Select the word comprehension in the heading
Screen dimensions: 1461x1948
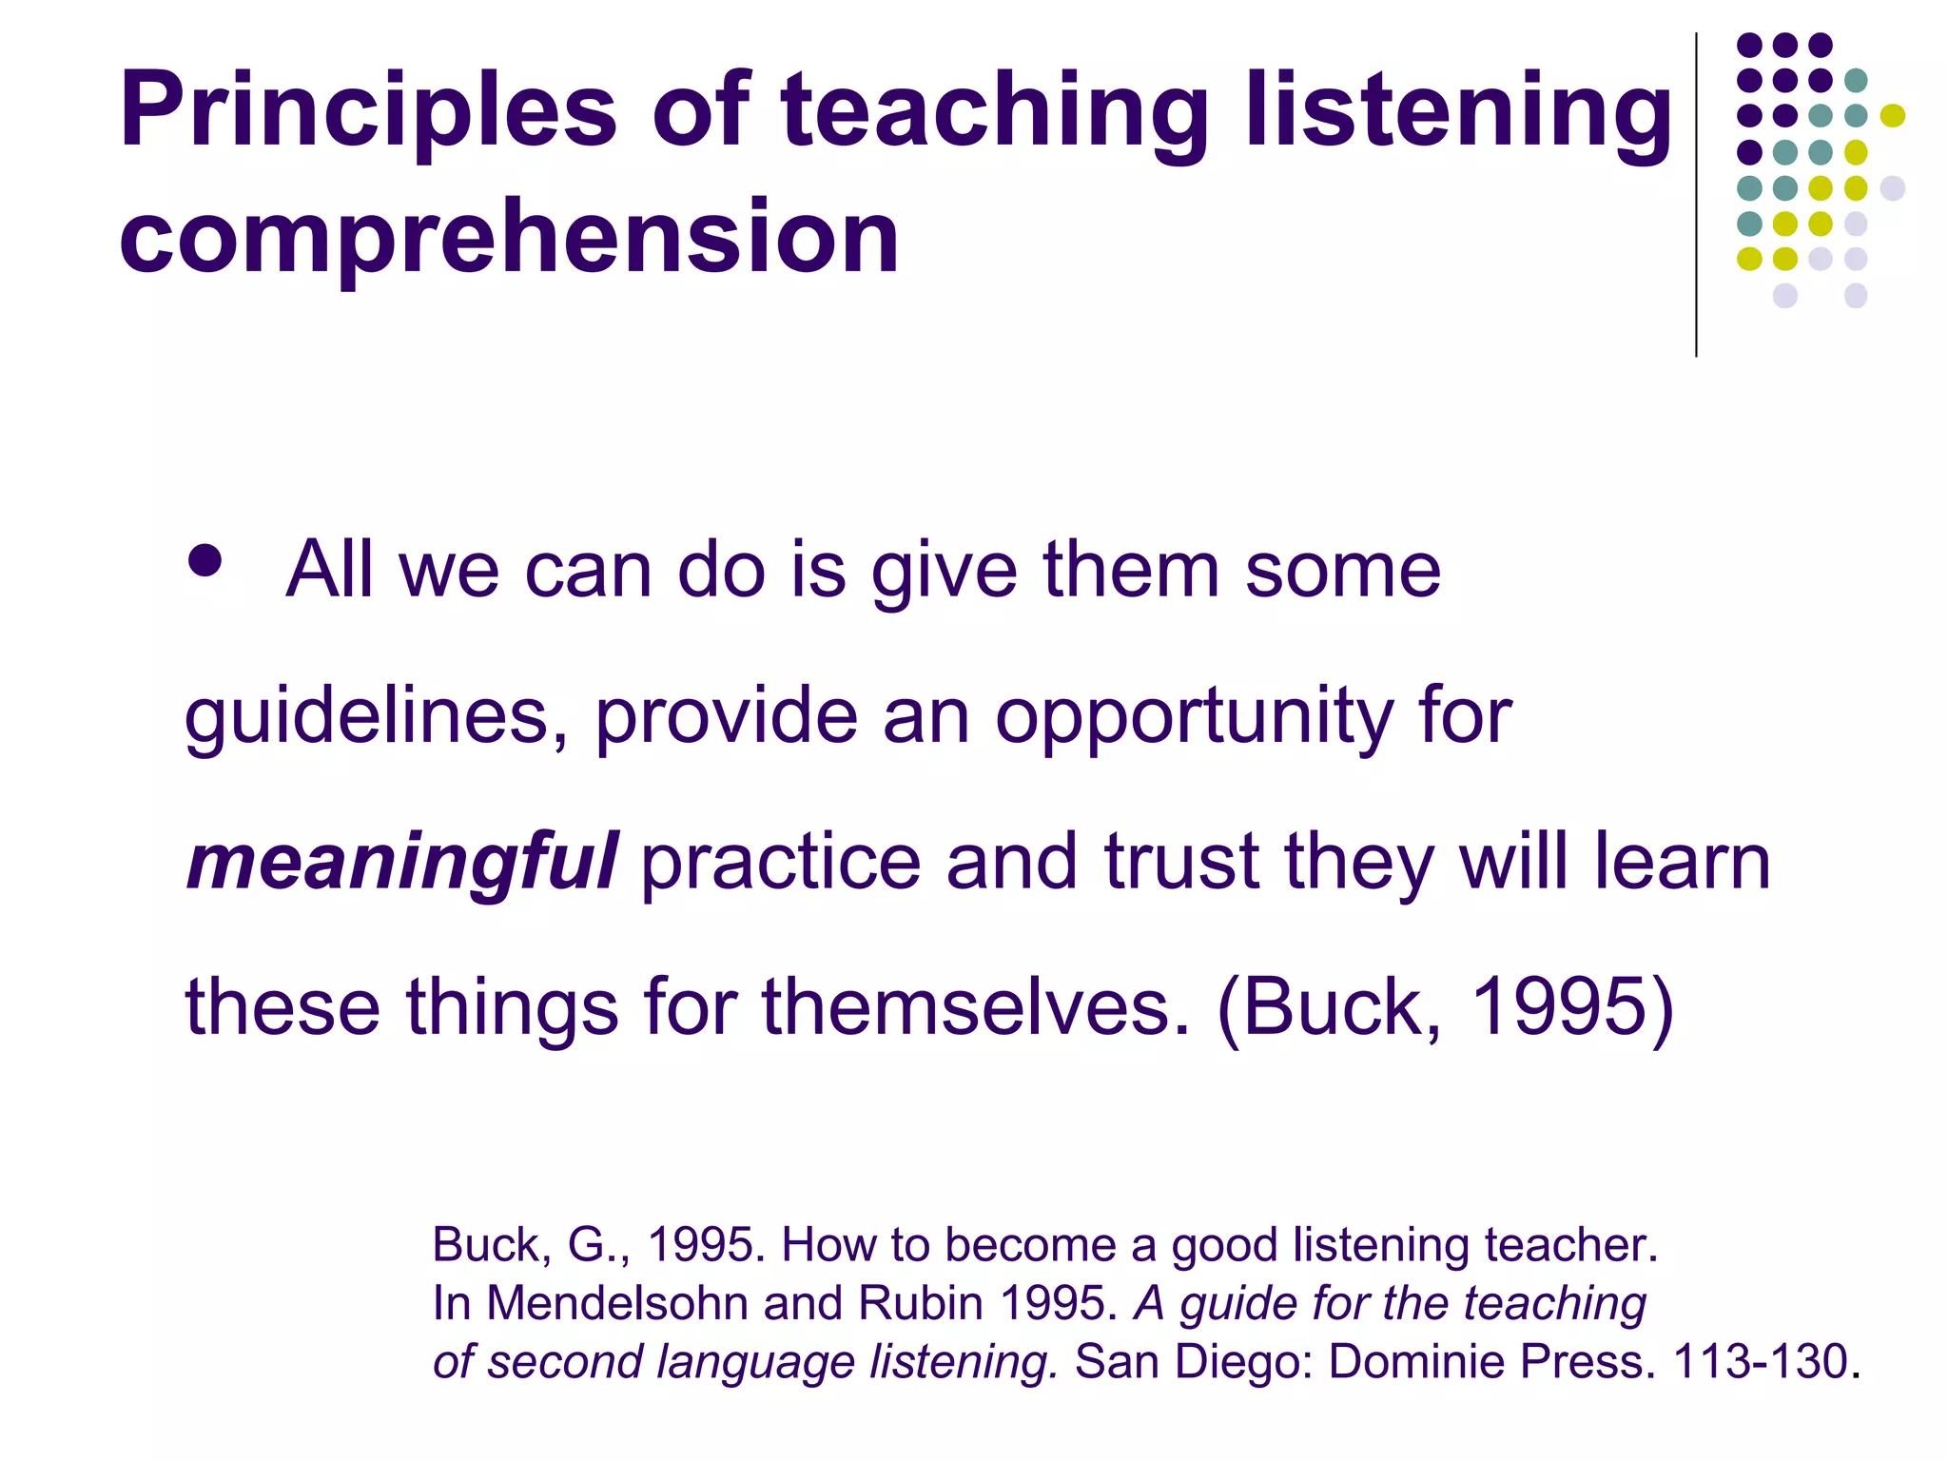point(509,237)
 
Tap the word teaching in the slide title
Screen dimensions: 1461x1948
point(995,112)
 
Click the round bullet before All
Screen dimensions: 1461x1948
point(205,560)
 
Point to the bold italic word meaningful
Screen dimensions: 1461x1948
point(402,862)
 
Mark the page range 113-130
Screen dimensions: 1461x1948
point(1760,1361)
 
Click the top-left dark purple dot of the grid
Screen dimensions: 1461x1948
point(1749,45)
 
